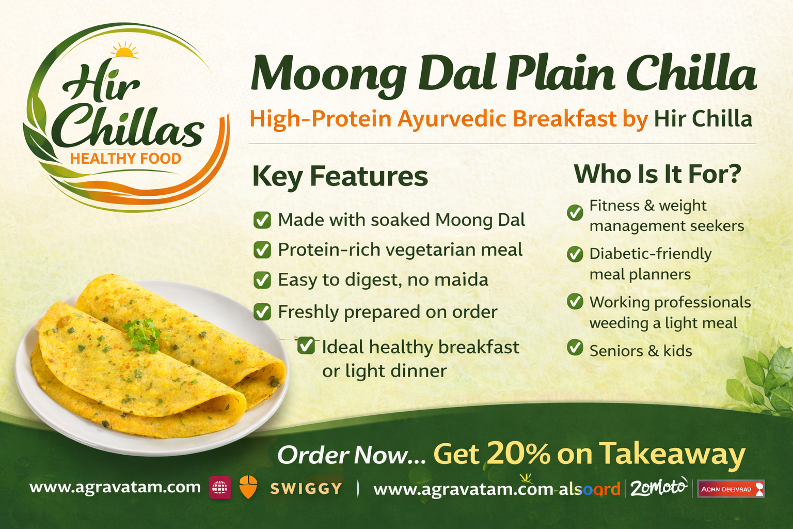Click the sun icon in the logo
click(124, 51)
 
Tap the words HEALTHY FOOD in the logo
click(125, 159)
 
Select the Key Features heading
click(340, 176)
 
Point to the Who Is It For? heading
click(657, 174)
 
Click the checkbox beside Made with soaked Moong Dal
click(262, 220)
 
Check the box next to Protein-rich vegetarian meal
click(262, 250)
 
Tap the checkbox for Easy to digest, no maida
click(262, 280)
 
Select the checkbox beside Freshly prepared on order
click(262, 312)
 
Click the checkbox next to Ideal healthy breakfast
click(306, 345)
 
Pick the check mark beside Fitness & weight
click(575, 212)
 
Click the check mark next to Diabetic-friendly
click(575, 254)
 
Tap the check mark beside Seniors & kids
click(575, 348)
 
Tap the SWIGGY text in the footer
click(306, 488)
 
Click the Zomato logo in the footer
click(659, 487)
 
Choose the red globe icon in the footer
click(220, 488)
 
